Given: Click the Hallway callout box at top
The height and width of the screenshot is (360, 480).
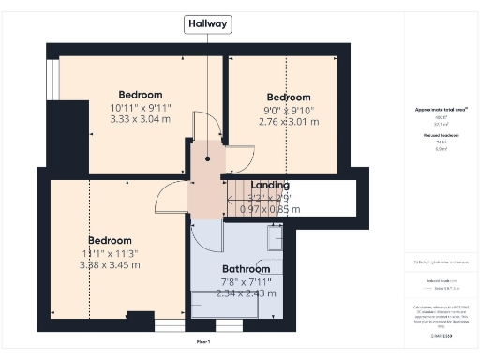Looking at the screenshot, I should (207, 24).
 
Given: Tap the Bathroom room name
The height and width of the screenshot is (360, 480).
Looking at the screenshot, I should (247, 268).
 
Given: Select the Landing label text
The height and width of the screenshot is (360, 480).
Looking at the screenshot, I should (270, 186).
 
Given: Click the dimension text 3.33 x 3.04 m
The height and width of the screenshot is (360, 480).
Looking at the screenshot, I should (141, 119).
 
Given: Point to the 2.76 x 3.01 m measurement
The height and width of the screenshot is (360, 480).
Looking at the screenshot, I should (288, 122).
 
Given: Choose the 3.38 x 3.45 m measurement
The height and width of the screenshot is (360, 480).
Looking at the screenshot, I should (111, 265).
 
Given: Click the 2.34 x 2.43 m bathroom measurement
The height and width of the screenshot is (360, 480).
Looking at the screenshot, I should (247, 293).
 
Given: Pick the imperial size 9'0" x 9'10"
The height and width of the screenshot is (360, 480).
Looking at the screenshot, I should (288, 110).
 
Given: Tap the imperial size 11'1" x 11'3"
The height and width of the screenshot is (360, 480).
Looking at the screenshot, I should (111, 253).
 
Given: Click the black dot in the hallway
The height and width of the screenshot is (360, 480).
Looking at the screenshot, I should (207, 158).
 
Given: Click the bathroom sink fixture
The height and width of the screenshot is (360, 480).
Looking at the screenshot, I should (277, 239).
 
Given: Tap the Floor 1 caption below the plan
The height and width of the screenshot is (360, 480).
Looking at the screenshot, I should (203, 342).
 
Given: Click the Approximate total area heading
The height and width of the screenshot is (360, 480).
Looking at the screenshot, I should (441, 110).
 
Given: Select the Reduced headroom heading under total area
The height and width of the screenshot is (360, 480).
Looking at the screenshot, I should (441, 136).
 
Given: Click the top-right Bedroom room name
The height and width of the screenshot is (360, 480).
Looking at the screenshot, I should (288, 97).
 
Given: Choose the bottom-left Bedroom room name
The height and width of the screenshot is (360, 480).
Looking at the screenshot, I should (111, 241).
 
